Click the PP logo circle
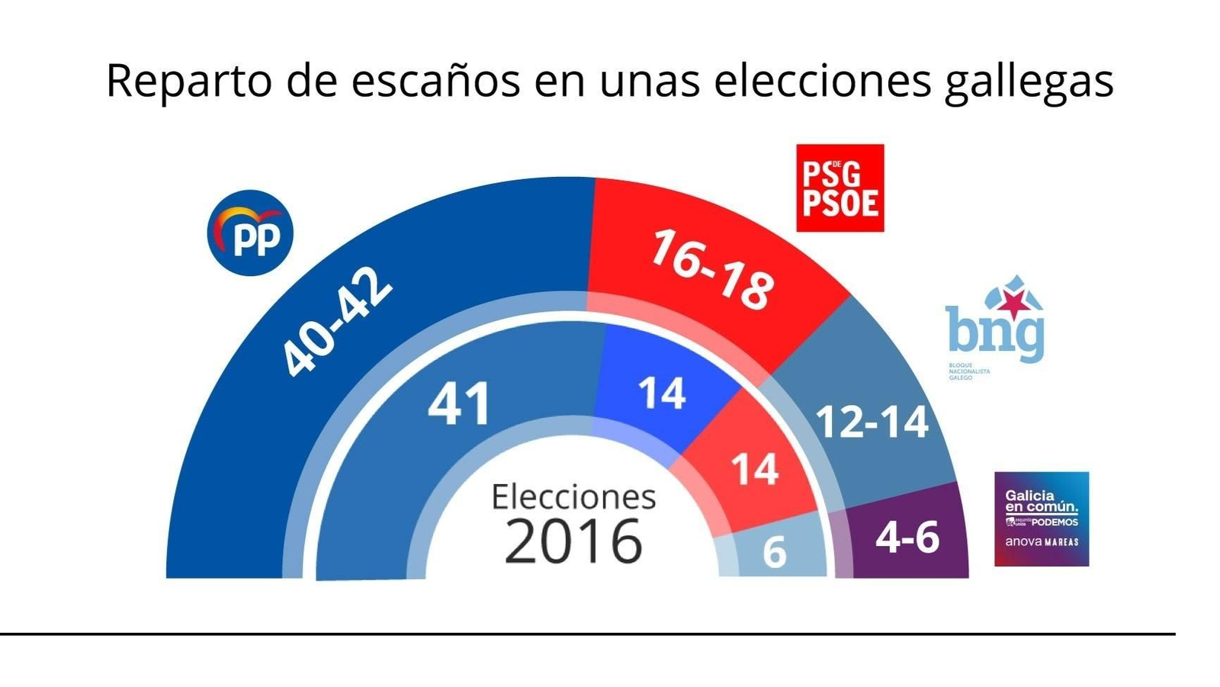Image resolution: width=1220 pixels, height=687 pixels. click(250, 233)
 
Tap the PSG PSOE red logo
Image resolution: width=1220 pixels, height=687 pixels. click(840, 188)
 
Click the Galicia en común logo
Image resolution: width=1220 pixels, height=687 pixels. click(1041, 518)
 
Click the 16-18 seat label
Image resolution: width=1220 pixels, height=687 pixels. click(712, 271)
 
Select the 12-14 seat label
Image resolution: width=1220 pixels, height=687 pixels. click(872, 422)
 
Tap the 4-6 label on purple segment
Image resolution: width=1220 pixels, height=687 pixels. click(907, 538)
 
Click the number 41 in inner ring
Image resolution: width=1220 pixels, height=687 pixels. click(459, 404)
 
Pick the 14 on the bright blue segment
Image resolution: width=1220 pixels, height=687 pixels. click(661, 394)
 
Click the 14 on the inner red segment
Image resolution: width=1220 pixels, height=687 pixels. click(754, 469)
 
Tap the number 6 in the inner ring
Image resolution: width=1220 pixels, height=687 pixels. click(774, 552)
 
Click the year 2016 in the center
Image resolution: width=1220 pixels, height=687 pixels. click(573, 541)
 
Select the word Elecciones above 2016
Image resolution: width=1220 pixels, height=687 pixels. click(573, 497)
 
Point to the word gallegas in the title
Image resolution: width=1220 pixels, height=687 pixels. click(1029, 82)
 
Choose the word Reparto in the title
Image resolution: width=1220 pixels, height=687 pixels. click(188, 80)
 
